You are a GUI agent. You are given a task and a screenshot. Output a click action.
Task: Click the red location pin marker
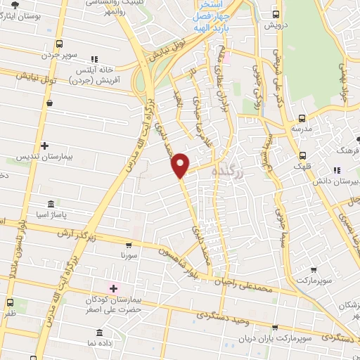[181, 165]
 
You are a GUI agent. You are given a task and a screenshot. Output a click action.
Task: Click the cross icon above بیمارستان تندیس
[45, 146]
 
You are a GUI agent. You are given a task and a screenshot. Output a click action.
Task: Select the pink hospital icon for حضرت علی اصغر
[112, 288]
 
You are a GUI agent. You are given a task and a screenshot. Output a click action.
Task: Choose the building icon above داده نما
[98, 331]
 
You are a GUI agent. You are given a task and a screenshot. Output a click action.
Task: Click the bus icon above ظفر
[10, 303]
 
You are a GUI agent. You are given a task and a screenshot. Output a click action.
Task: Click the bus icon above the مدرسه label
[302, 119]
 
